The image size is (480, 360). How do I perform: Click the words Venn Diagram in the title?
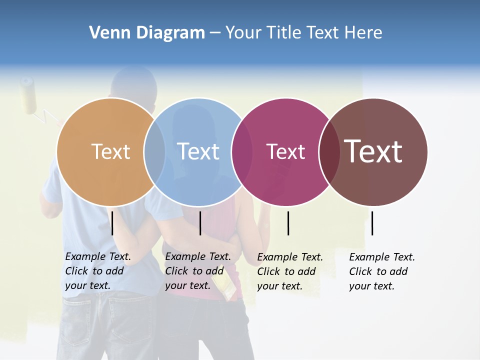coord(147,33)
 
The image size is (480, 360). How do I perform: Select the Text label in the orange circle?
coord(110,151)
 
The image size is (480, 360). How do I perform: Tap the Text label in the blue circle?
coord(198,151)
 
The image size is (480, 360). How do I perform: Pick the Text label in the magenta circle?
coord(285,152)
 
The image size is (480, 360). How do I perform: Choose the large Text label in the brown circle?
coord(373,151)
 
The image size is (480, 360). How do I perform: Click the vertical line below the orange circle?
coord(112,223)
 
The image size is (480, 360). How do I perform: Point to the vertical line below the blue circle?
coord(200,223)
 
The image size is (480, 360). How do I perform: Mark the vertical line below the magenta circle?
coord(288,223)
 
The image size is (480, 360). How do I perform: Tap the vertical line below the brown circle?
coord(372,223)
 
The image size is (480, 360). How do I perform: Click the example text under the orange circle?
coord(97,271)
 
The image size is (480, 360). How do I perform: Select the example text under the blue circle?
coord(197,271)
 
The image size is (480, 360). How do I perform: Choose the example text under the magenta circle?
coord(289,271)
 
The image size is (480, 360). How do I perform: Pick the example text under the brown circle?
coord(381,271)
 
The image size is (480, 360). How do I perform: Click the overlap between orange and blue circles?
coord(154,151)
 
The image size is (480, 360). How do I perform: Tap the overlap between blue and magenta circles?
coord(242,151)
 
